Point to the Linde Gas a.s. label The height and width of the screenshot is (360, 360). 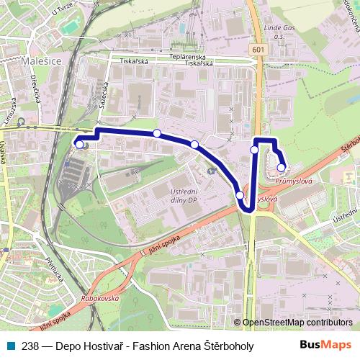click(279, 32)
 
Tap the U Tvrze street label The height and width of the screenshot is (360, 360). click(63, 11)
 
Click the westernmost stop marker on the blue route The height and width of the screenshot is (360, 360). click(78, 144)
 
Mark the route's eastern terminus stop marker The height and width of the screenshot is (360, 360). click(281, 168)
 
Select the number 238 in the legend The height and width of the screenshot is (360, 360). click(30, 345)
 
